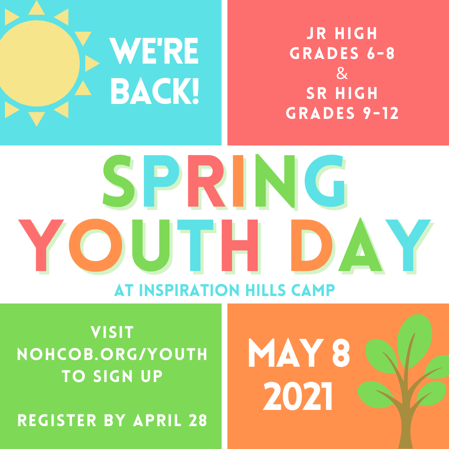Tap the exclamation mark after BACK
(196, 91)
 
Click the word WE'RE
(154, 51)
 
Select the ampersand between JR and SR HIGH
(342, 73)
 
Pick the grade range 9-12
(381, 113)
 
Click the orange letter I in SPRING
(238, 181)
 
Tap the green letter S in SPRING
(118, 181)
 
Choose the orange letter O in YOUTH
(95, 245)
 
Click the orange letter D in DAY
(311, 245)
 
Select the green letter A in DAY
(360, 244)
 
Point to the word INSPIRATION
(189, 290)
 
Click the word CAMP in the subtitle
(313, 290)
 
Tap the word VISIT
(112, 332)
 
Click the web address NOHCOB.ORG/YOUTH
(112, 354)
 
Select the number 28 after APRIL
(198, 420)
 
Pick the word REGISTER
(57, 420)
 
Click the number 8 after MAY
(341, 353)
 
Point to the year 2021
(298, 396)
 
